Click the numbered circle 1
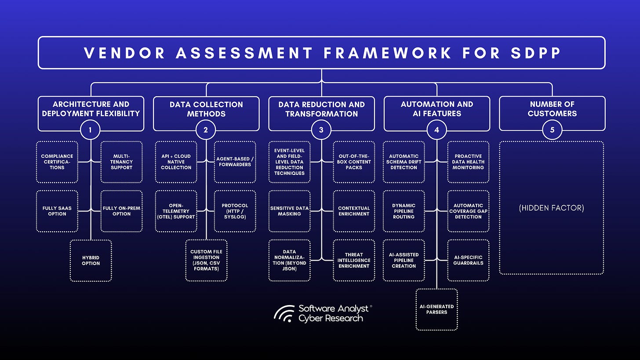coord(91,130)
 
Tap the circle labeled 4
coord(436,130)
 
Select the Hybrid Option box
coord(91,260)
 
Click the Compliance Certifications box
coord(57,162)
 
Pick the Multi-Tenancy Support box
coord(122,162)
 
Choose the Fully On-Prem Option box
coord(122,211)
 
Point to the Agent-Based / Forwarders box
coord(235,162)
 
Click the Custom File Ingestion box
coord(206,260)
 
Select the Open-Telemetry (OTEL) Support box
coord(176,211)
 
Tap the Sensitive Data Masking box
coord(289,211)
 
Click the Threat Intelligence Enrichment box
coord(354,260)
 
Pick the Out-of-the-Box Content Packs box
coord(354,162)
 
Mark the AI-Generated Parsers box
coord(436,309)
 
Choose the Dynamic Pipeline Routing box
coord(404,211)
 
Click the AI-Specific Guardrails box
coord(468,260)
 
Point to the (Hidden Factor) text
coord(552,208)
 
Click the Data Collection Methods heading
coord(206,109)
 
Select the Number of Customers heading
coord(552,109)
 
